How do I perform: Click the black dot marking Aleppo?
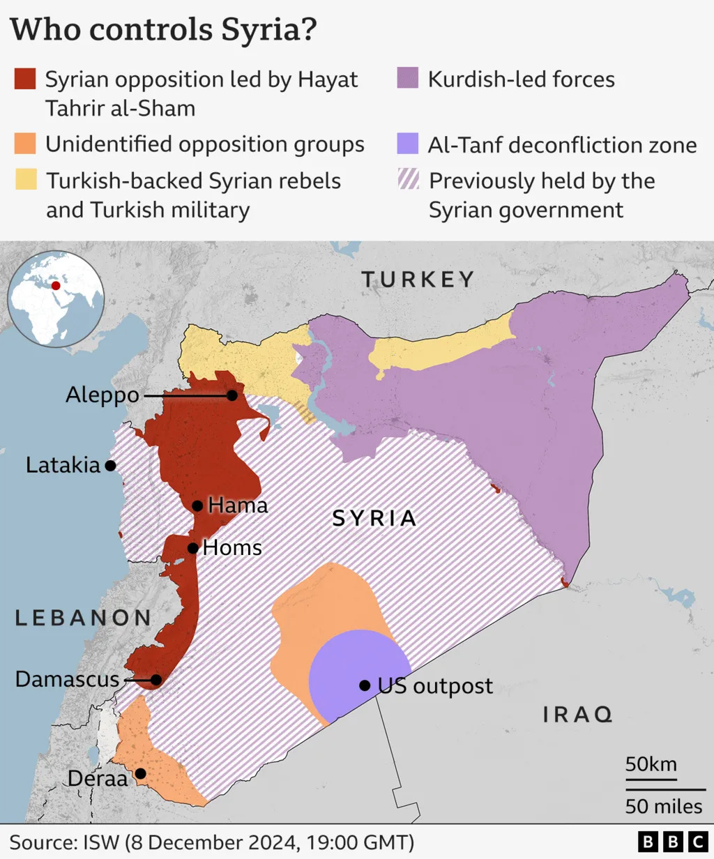pyautogui.click(x=231, y=395)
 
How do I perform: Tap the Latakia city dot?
pyautogui.click(x=110, y=466)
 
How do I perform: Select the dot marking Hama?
pyautogui.click(x=197, y=505)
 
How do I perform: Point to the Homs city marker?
pyautogui.click(x=192, y=548)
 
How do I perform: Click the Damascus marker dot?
pyautogui.click(x=156, y=680)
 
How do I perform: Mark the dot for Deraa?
pyautogui.click(x=140, y=773)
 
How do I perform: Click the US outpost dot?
pyautogui.click(x=365, y=685)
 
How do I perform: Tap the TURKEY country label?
pyautogui.click(x=418, y=280)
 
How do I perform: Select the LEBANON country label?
pyautogui.click(x=83, y=618)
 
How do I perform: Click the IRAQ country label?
pyautogui.click(x=577, y=714)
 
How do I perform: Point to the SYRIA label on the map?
pyautogui.click(x=374, y=518)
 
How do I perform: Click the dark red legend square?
pyautogui.click(x=25, y=79)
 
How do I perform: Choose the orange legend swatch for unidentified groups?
pyautogui.click(x=25, y=144)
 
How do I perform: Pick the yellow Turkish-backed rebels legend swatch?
pyautogui.click(x=25, y=180)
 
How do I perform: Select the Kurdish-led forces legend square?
pyautogui.click(x=408, y=78)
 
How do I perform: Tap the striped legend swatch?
pyautogui.click(x=408, y=180)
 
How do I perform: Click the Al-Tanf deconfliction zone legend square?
pyautogui.click(x=408, y=144)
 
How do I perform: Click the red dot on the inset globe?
pyautogui.click(x=56, y=284)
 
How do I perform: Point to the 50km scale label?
pyautogui.click(x=651, y=763)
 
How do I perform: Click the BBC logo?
pyautogui.click(x=673, y=842)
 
